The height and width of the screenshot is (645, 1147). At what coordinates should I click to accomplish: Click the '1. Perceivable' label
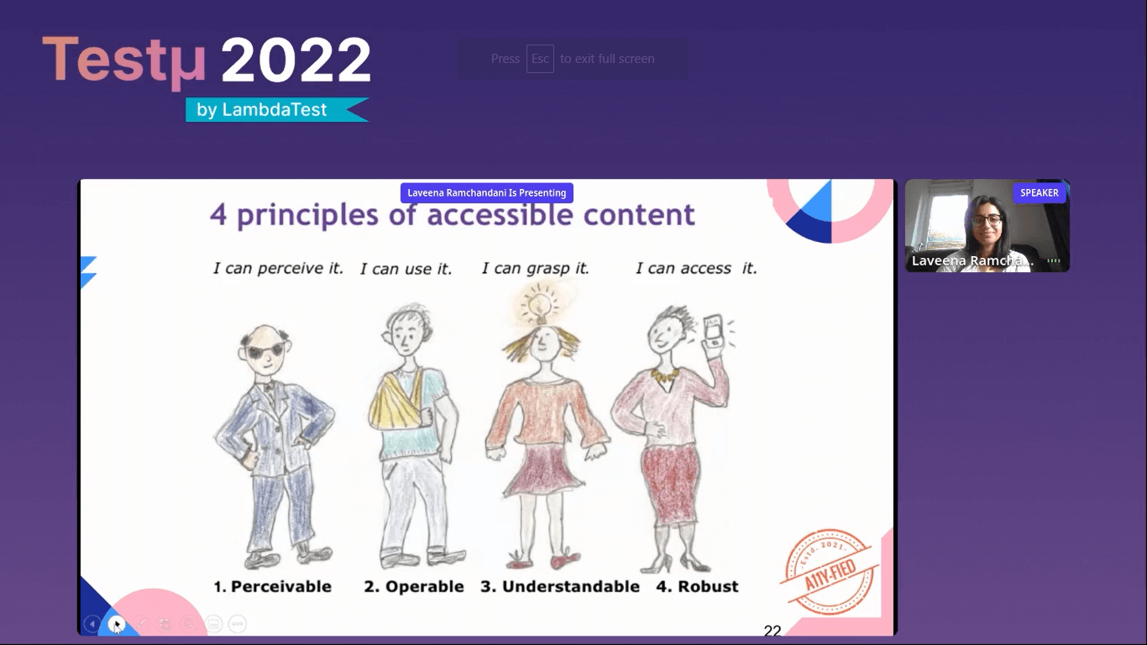coord(272,586)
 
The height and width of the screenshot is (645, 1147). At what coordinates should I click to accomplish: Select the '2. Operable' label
coord(414,586)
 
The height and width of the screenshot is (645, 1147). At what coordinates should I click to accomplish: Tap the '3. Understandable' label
coord(560,586)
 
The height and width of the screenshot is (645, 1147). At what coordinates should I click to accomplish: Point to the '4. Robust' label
coord(697,586)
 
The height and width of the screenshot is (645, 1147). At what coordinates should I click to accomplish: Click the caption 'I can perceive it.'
coord(278,268)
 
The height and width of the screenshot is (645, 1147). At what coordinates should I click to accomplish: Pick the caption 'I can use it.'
coord(406,269)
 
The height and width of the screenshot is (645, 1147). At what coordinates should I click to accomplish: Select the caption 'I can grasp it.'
coord(535,268)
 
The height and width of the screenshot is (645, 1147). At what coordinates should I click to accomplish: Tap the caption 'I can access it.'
coord(696,268)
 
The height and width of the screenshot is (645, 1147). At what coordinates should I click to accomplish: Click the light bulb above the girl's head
coord(537,304)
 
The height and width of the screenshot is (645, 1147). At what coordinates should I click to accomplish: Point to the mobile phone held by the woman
coord(714,332)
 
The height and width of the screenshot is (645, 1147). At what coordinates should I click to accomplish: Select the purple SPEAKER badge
coord(1039,193)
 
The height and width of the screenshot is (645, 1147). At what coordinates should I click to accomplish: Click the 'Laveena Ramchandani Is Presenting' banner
coord(487,193)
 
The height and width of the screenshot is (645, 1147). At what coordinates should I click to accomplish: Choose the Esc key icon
coord(540,59)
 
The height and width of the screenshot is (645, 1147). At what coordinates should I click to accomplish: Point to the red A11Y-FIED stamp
coord(830,572)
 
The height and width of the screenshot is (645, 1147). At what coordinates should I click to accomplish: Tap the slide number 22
coord(773,631)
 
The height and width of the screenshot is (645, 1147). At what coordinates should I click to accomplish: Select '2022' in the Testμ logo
coord(296,60)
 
